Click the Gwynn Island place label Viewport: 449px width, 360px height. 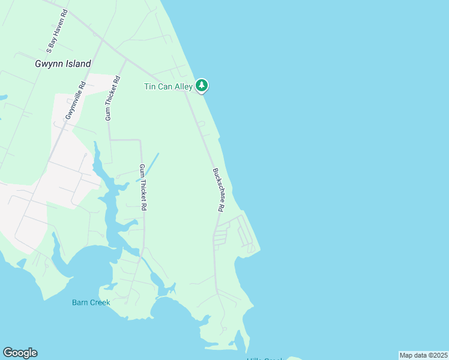click(x=63, y=64)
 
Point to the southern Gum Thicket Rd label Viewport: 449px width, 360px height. click(x=143, y=187)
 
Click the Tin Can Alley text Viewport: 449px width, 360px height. click(x=168, y=87)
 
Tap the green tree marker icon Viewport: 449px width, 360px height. click(x=202, y=86)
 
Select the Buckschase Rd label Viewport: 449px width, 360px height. click(x=218, y=189)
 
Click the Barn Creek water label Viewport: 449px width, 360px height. click(x=91, y=302)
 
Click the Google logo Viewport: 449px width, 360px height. click(x=20, y=353)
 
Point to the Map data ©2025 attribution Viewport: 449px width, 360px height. click(x=423, y=355)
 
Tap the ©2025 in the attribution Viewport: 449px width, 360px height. click(x=435, y=355)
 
